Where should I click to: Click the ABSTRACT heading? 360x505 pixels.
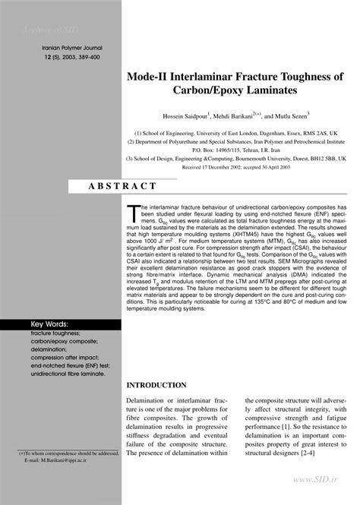(123, 185)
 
